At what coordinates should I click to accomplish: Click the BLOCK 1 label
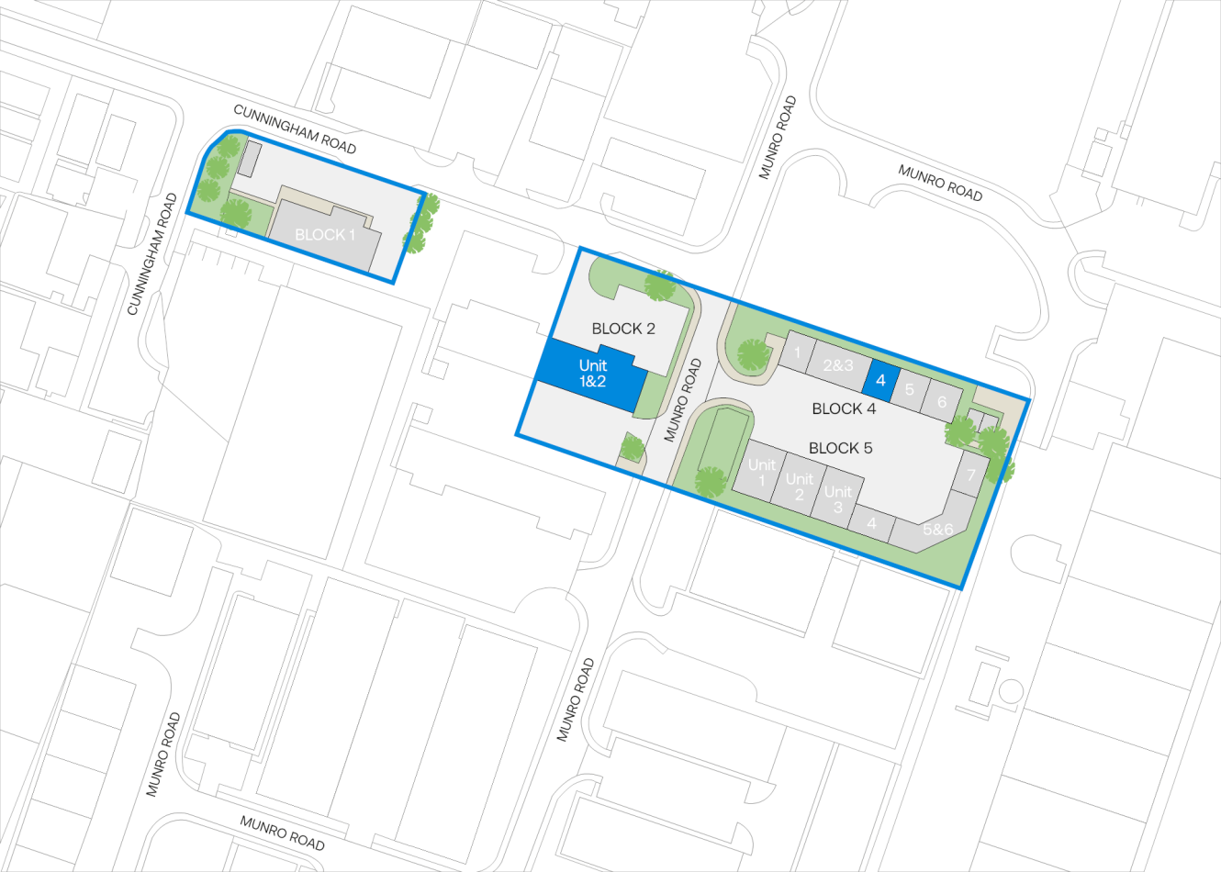point(325,235)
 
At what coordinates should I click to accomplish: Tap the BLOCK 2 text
point(623,329)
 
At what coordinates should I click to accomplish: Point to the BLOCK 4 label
point(844,408)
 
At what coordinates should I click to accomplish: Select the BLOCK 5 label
point(840,448)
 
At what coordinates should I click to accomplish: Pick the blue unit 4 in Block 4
point(880,379)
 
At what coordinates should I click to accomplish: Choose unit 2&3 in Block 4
point(837,365)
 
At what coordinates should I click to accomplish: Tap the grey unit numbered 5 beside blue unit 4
point(909,389)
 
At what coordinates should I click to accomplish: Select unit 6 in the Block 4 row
point(941,402)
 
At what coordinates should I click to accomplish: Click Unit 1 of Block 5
point(761,471)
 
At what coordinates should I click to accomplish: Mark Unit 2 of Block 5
point(799,486)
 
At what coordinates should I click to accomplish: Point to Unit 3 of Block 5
point(836,498)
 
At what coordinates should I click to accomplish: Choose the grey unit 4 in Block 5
point(871,523)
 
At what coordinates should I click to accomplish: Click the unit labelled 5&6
point(936,530)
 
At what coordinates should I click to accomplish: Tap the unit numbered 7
point(970,475)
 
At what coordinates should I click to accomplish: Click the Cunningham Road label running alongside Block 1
point(295,129)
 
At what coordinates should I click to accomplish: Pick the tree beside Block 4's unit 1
point(753,354)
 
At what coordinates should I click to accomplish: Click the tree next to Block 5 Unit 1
point(710,481)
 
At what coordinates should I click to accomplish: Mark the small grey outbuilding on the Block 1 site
point(248,158)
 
